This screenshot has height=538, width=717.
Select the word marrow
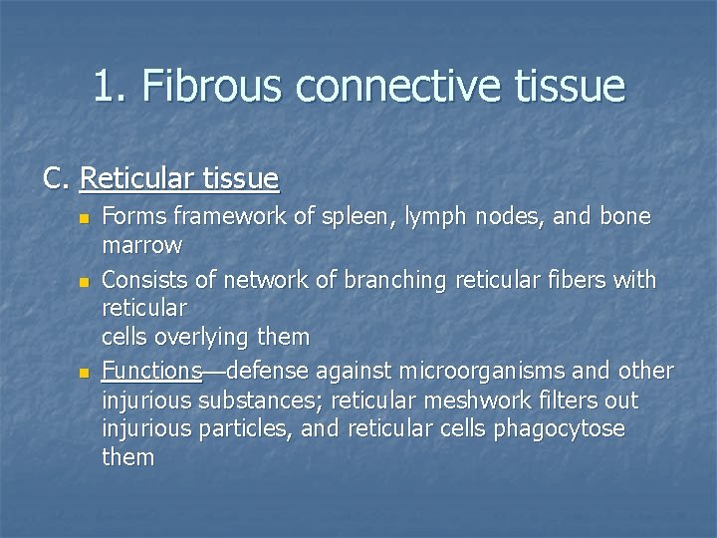(x=141, y=244)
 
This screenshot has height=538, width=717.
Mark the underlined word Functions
(x=151, y=372)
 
